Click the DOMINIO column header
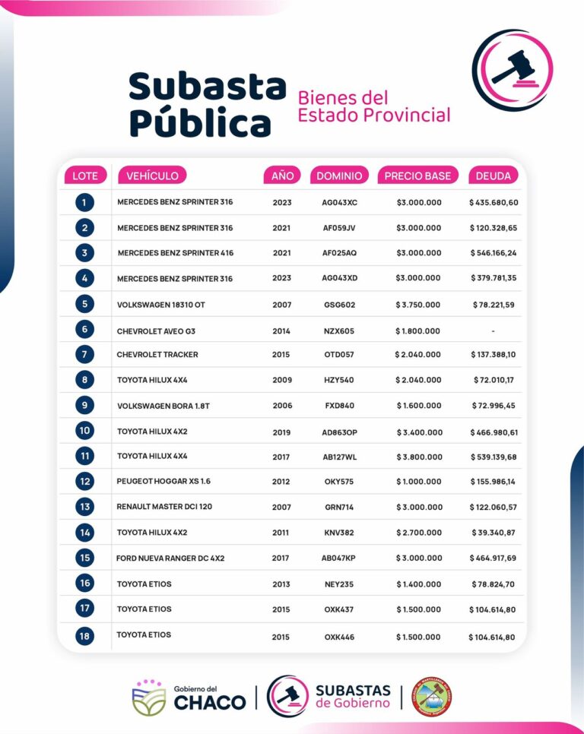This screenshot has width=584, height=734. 339,176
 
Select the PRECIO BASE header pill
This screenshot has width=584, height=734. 417,176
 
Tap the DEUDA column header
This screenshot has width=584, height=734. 494,176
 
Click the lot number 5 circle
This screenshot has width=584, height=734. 84,304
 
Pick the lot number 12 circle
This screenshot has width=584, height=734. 84,481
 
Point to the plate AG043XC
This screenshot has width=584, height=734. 339,203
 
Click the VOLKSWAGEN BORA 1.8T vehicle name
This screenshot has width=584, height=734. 163,406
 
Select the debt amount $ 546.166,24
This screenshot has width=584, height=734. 494,253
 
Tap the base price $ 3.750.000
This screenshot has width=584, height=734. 417,305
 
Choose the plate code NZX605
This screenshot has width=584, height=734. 339,331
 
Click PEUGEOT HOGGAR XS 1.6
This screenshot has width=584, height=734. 164,482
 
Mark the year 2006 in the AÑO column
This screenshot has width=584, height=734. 282,406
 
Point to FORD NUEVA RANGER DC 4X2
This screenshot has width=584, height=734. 170,558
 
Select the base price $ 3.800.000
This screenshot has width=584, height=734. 418,457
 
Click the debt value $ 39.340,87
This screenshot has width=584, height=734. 494,533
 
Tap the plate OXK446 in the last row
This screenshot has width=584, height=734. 339,637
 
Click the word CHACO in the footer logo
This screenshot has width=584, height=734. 210,703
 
